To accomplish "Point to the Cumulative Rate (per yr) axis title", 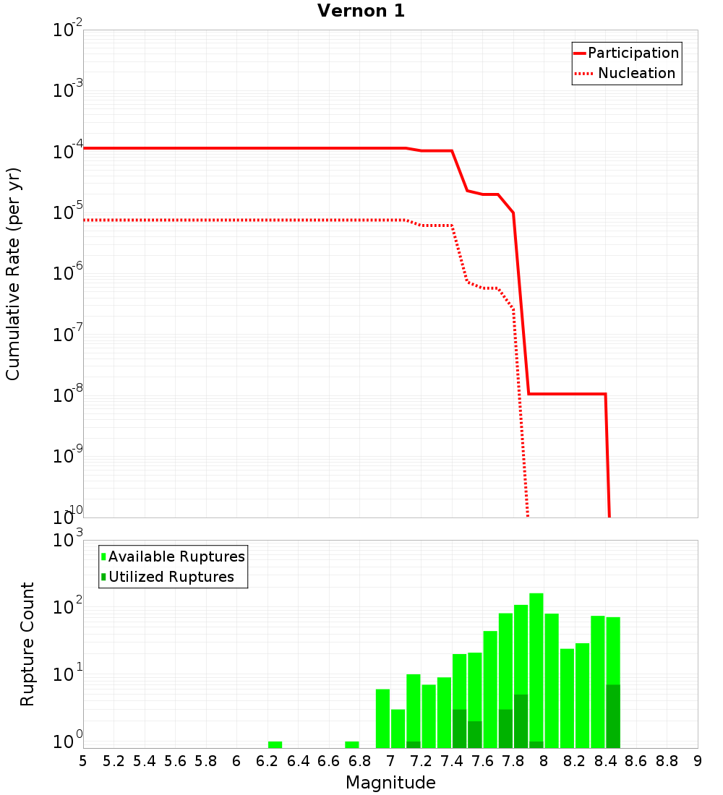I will pyautogui.click(x=13, y=274).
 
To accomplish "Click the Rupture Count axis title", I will pyautogui.click(x=27, y=644).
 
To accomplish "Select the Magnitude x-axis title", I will pyautogui.click(x=390, y=783).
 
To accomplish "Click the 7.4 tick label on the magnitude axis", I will pyautogui.click(x=451, y=761).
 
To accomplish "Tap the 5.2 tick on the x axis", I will pyautogui.click(x=114, y=761).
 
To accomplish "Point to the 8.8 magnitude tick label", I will pyautogui.click(x=667, y=761).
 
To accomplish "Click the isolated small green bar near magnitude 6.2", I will pyautogui.click(x=275, y=744).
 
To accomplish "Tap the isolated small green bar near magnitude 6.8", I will pyautogui.click(x=352, y=744).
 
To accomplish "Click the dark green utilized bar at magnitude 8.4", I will pyautogui.click(x=613, y=715).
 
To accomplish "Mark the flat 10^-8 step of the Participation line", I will pyautogui.click(x=567, y=394).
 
